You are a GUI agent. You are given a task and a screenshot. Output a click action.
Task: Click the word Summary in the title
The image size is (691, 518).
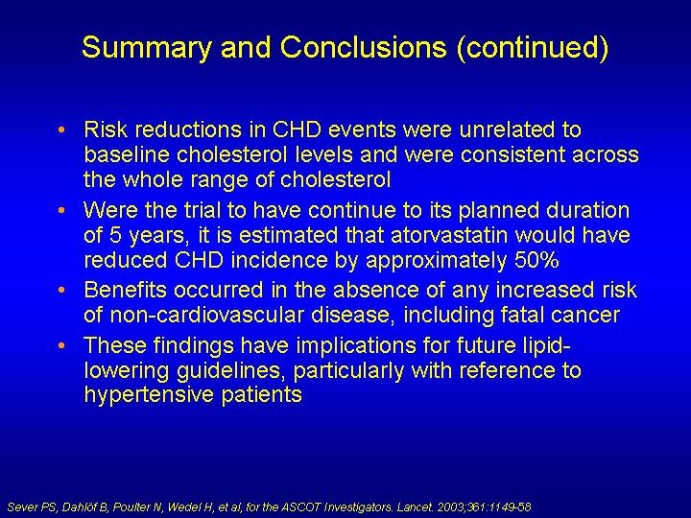coord(147,48)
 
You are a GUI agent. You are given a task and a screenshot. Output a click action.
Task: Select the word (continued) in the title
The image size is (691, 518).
coord(533,48)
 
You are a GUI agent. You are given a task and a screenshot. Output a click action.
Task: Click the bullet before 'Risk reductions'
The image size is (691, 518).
coord(61,129)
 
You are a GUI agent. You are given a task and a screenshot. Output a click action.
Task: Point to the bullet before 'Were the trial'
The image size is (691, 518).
coord(61,210)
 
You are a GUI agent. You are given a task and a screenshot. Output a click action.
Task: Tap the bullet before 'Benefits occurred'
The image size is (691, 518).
coord(61,291)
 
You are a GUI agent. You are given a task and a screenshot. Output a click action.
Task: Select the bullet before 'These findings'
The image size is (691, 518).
coord(61,345)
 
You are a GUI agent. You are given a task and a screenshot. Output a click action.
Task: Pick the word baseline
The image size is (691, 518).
coord(127,154)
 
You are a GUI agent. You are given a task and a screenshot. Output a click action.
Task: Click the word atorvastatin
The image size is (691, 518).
coord(449,235)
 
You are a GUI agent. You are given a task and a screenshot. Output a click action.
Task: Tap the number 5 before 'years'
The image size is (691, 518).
coord(115,236)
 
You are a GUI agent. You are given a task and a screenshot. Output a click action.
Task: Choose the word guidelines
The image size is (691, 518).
coord(231,371)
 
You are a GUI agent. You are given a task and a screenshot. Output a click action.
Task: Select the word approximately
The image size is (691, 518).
coord(437,261)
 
